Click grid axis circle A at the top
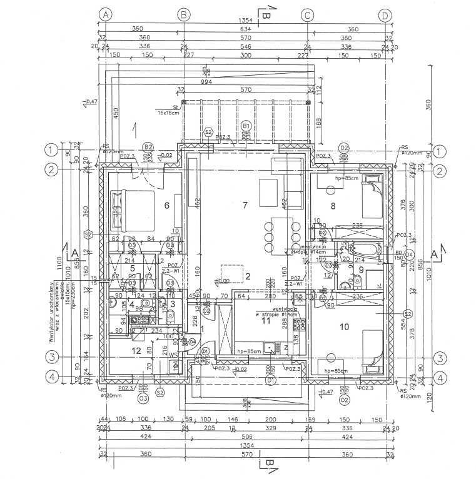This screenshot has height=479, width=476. (x=106, y=13)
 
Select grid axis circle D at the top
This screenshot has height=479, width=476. (x=385, y=13)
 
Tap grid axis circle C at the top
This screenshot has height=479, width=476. (x=307, y=13)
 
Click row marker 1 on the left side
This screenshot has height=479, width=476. (x=49, y=150)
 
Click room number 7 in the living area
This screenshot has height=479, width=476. (x=246, y=205)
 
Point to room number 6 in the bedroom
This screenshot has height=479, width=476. (x=166, y=206)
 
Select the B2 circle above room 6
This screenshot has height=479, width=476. (x=148, y=148)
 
